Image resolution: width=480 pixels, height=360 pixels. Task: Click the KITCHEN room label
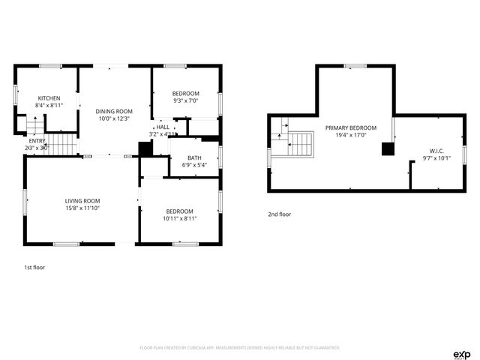click(49, 98)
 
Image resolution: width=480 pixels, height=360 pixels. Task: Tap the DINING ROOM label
click(113, 111)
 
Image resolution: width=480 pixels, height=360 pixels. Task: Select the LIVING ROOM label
click(82, 201)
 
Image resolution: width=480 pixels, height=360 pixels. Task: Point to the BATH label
click(194, 157)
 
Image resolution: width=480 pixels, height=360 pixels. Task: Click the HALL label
click(163, 127)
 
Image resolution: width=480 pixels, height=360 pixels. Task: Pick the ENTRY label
click(37, 141)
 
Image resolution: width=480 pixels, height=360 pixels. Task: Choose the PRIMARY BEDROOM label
click(350, 127)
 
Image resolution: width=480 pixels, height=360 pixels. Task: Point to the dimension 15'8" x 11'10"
click(82, 208)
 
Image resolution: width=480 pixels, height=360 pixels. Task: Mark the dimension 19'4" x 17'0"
click(350, 135)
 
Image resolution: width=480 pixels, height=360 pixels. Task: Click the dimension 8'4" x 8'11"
click(49, 106)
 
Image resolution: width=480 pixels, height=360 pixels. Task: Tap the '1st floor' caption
click(34, 266)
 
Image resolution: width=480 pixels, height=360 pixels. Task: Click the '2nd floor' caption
click(280, 214)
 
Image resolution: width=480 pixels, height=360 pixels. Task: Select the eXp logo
click(461, 353)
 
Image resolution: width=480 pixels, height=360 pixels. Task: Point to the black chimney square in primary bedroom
click(388, 149)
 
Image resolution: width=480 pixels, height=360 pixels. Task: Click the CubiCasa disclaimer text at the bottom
click(240, 348)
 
